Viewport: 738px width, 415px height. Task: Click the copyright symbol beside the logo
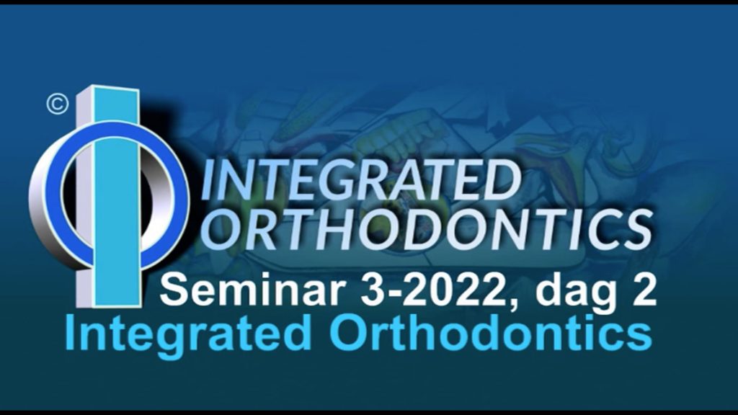click(58, 104)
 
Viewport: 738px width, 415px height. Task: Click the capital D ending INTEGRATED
click(502, 181)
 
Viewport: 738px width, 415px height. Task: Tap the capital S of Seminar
click(174, 290)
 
